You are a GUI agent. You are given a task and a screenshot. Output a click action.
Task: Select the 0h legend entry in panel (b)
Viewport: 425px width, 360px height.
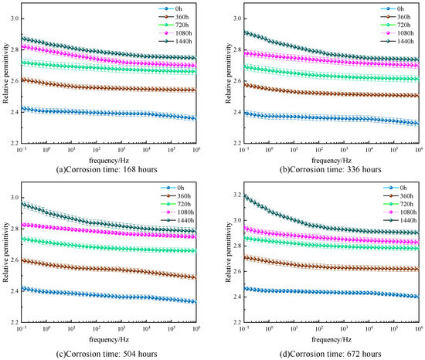click(x=393, y=8)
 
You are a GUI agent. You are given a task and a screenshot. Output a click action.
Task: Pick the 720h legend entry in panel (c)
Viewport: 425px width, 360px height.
click(x=175, y=204)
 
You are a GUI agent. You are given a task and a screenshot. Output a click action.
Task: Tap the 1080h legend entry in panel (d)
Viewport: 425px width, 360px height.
click(x=400, y=212)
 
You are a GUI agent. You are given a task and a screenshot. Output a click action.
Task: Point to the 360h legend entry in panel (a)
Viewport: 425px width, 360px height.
click(x=174, y=17)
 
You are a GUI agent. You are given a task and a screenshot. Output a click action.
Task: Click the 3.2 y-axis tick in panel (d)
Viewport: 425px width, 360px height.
click(x=237, y=195)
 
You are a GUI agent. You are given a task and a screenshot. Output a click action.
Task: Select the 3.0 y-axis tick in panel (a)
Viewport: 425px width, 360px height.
click(x=15, y=19)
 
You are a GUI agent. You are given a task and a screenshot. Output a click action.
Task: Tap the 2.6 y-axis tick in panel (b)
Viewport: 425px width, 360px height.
click(x=237, y=80)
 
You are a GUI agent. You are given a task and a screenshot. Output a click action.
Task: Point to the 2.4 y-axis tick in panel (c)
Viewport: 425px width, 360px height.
click(x=15, y=291)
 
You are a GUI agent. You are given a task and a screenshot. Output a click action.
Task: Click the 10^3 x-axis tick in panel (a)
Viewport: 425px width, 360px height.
click(x=121, y=149)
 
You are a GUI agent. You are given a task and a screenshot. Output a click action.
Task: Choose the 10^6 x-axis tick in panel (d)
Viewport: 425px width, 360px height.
click(x=419, y=328)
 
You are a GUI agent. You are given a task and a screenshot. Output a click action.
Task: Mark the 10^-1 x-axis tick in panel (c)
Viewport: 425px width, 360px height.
click(x=22, y=328)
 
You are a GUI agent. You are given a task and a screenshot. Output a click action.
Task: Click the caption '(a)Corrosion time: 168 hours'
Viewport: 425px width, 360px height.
click(x=107, y=170)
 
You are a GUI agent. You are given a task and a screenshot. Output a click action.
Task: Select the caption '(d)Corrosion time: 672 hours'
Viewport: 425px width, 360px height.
click(x=331, y=354)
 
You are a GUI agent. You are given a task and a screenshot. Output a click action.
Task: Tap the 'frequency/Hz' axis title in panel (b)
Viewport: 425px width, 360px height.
click(x=331, y=161)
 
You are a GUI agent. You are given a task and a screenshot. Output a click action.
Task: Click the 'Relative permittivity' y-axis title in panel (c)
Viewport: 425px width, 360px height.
click(x=6, y=252)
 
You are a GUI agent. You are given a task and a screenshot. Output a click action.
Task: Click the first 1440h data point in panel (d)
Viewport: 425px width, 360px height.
click(x=244, y=195)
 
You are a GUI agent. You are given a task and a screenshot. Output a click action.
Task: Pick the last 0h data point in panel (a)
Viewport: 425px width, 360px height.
click(x=195, y=118)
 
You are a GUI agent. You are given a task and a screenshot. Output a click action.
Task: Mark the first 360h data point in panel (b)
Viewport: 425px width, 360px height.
click(x=244, y=85)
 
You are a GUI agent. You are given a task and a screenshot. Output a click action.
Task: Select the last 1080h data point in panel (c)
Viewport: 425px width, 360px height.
click(x=195, y=236)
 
